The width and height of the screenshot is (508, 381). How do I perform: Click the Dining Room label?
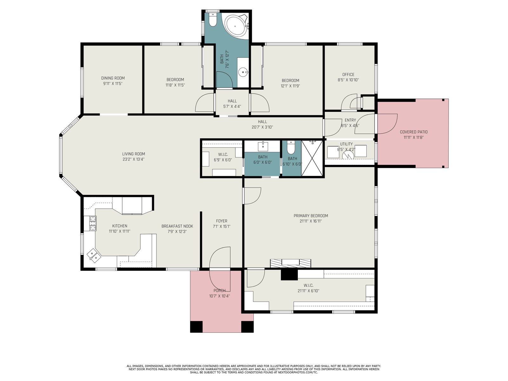point(113,78)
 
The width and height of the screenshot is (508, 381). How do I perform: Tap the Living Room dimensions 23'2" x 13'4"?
point(134,159)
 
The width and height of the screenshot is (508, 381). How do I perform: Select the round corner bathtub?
point(236,26)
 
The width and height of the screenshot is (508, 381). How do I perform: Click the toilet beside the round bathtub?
point(212,19)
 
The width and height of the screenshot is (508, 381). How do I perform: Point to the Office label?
point(348,75)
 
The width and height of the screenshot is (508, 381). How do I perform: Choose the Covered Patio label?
point(414,132)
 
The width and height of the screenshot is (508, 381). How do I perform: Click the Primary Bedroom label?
point(311,216)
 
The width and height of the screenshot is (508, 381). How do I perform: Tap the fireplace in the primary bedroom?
point(291,263)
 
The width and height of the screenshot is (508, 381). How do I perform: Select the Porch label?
point(219,291)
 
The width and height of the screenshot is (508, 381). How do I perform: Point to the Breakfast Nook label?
point(177,226)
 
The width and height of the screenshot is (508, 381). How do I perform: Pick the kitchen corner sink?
point(94,256)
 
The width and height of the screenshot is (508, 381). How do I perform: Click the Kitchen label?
point(120,226)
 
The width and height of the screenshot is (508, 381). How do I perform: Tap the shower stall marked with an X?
point(312,158)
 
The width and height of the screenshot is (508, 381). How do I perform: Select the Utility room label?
point(346,144)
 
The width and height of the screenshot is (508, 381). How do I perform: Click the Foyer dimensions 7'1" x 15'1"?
point(222,226)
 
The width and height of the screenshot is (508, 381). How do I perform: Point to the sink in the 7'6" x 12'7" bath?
point(243,72)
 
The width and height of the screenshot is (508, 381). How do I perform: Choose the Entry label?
point(350,120)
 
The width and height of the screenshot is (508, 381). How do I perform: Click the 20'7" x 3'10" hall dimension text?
point(262,127)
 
